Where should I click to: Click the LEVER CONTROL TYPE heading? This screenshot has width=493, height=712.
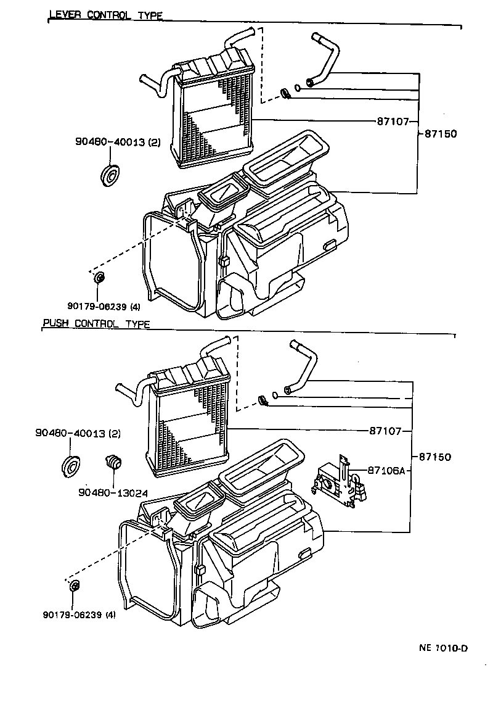tap(105, 15)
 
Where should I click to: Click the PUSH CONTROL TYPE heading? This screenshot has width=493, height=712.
tap(96, 324)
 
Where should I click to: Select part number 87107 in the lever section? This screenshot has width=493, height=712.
tap(393, 121)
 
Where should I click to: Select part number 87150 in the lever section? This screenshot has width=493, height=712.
tap(441, 133)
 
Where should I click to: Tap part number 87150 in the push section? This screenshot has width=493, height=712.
tap(435, 457)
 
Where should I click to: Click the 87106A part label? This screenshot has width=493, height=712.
tap(386, 470)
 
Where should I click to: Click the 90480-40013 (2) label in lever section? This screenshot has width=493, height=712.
tap(117, 142)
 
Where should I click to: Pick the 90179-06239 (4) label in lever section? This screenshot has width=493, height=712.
tap(100, 305)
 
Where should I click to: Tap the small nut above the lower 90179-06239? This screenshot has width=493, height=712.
tap(75, 586)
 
